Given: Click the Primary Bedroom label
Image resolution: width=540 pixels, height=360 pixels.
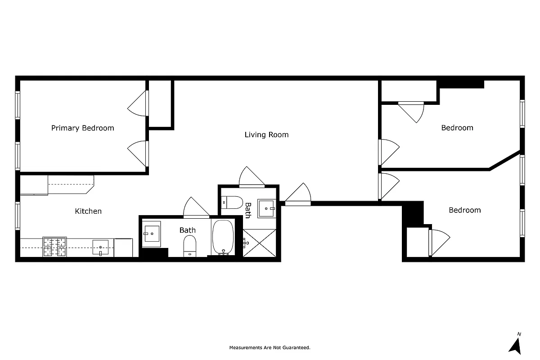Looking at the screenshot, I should click(x=82, y=128).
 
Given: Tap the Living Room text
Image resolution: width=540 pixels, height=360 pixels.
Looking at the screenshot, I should click(x=266, y=135).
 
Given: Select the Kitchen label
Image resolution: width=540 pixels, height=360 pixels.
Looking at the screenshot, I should click(x=88, y=211).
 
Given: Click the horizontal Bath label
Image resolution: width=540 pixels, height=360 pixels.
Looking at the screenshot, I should click(x=188, y=230).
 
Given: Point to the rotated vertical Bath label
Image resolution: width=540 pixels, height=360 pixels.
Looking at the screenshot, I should click(x=247, y=210).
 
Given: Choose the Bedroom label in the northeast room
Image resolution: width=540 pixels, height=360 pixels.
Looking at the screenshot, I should click(x=457, y=128).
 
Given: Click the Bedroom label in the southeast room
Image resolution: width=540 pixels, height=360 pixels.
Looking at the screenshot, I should click(x=464, y=210).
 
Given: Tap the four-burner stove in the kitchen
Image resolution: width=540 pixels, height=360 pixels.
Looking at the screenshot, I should click(x=54, y=247).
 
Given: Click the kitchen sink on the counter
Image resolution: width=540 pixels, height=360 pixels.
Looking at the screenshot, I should click(x=100, y=247).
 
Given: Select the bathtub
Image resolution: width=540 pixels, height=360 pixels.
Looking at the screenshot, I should click(x=223, y=237).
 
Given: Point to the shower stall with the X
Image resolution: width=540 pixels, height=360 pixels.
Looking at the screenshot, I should click(x=260, y=243).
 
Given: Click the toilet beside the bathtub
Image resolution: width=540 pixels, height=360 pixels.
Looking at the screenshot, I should click(x=190, y=247).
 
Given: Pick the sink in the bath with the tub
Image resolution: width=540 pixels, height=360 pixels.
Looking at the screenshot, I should click(x=151, y=234).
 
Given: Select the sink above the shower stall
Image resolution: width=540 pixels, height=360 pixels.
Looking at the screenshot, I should click(x=267, y=208).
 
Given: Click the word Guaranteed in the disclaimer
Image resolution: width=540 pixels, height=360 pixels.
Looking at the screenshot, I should click(x=297, y=348).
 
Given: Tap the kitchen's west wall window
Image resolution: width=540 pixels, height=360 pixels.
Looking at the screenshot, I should click(x=18, y=216).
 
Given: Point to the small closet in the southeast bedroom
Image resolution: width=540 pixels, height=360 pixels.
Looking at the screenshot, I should click(x=417, y=242).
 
